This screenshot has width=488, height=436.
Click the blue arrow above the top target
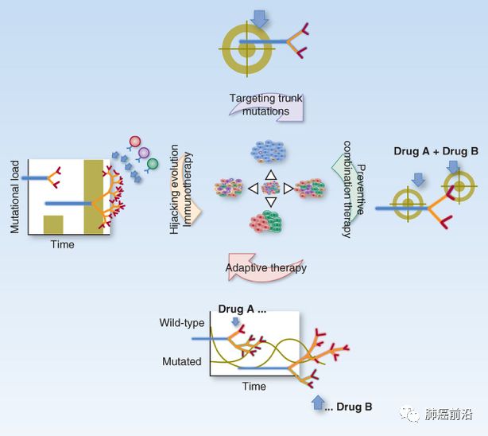[260, 16]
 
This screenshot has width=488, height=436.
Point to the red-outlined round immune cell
[134, 142]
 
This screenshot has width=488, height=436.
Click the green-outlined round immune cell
[153, 164]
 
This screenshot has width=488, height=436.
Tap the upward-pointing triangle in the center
[270, 174]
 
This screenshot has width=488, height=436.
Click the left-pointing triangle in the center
[253, 189]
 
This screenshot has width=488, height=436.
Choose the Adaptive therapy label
[265, 268]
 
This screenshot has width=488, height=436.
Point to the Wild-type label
[182, 323]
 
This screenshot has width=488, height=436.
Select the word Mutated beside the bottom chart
[180, 361]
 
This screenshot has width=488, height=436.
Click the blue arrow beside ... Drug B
[319, 402]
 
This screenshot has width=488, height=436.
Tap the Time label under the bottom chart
[254, 387]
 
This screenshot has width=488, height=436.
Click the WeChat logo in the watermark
[410, 415]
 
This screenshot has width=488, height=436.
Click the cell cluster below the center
[271, 223]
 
